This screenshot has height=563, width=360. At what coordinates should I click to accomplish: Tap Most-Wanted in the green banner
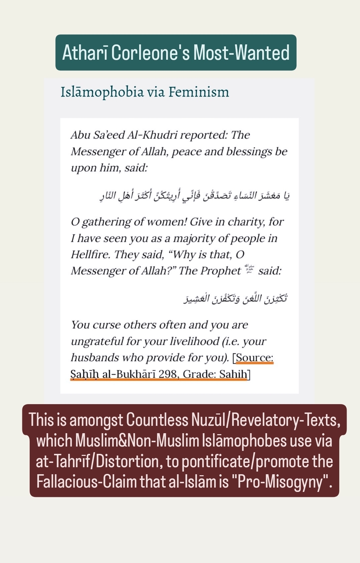(241, 53)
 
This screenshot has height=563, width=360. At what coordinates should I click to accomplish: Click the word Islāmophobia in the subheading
(102, 92)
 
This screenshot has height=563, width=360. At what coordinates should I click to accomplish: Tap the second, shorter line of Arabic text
(235, 298)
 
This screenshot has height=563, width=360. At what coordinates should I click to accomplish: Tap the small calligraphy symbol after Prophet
(249, 269)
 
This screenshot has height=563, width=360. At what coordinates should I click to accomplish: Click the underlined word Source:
(255, 358)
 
